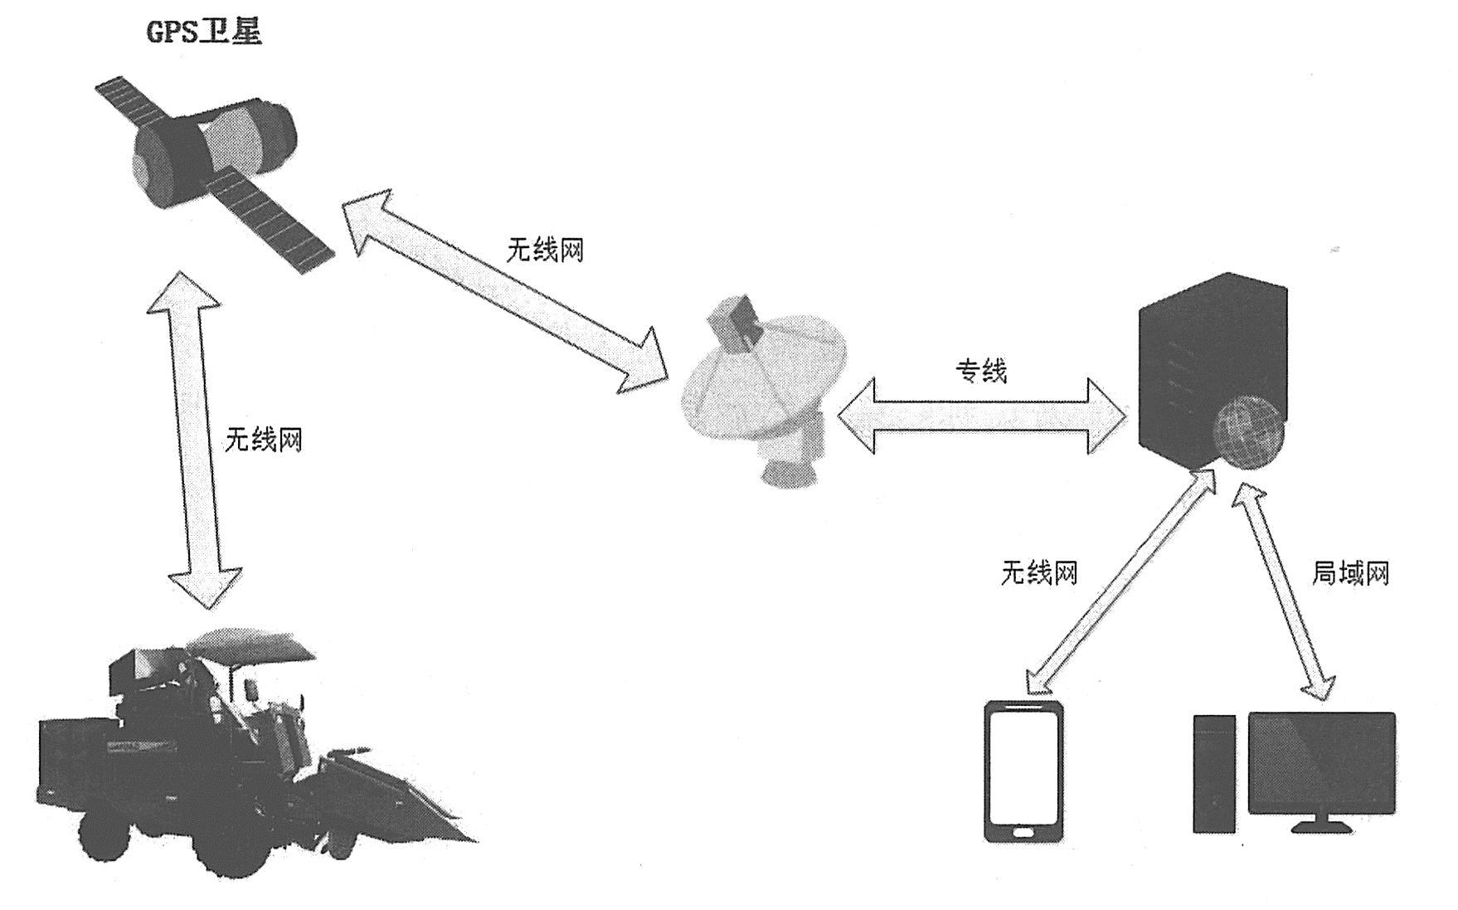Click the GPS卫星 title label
click(204, 32)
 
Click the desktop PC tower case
click(1213, 773)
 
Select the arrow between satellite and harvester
click(194, 440)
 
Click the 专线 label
click(982, 371)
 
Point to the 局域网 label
click(1349, 572)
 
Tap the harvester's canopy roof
click(249, 643)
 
